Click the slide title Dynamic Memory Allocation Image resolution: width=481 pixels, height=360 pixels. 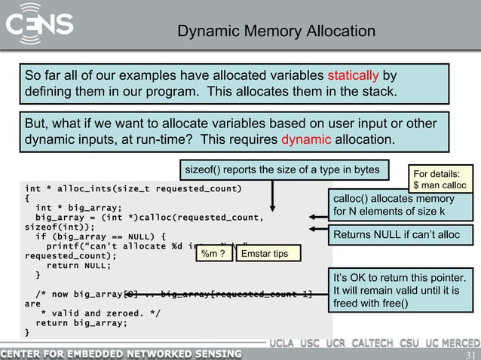click(x=276, y=32)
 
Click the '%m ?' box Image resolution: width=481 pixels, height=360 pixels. click(x=213, y=255)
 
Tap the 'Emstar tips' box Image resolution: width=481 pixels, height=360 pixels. click(x=264, y=255)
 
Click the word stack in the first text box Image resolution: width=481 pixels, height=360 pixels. click(x=376, y=92)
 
